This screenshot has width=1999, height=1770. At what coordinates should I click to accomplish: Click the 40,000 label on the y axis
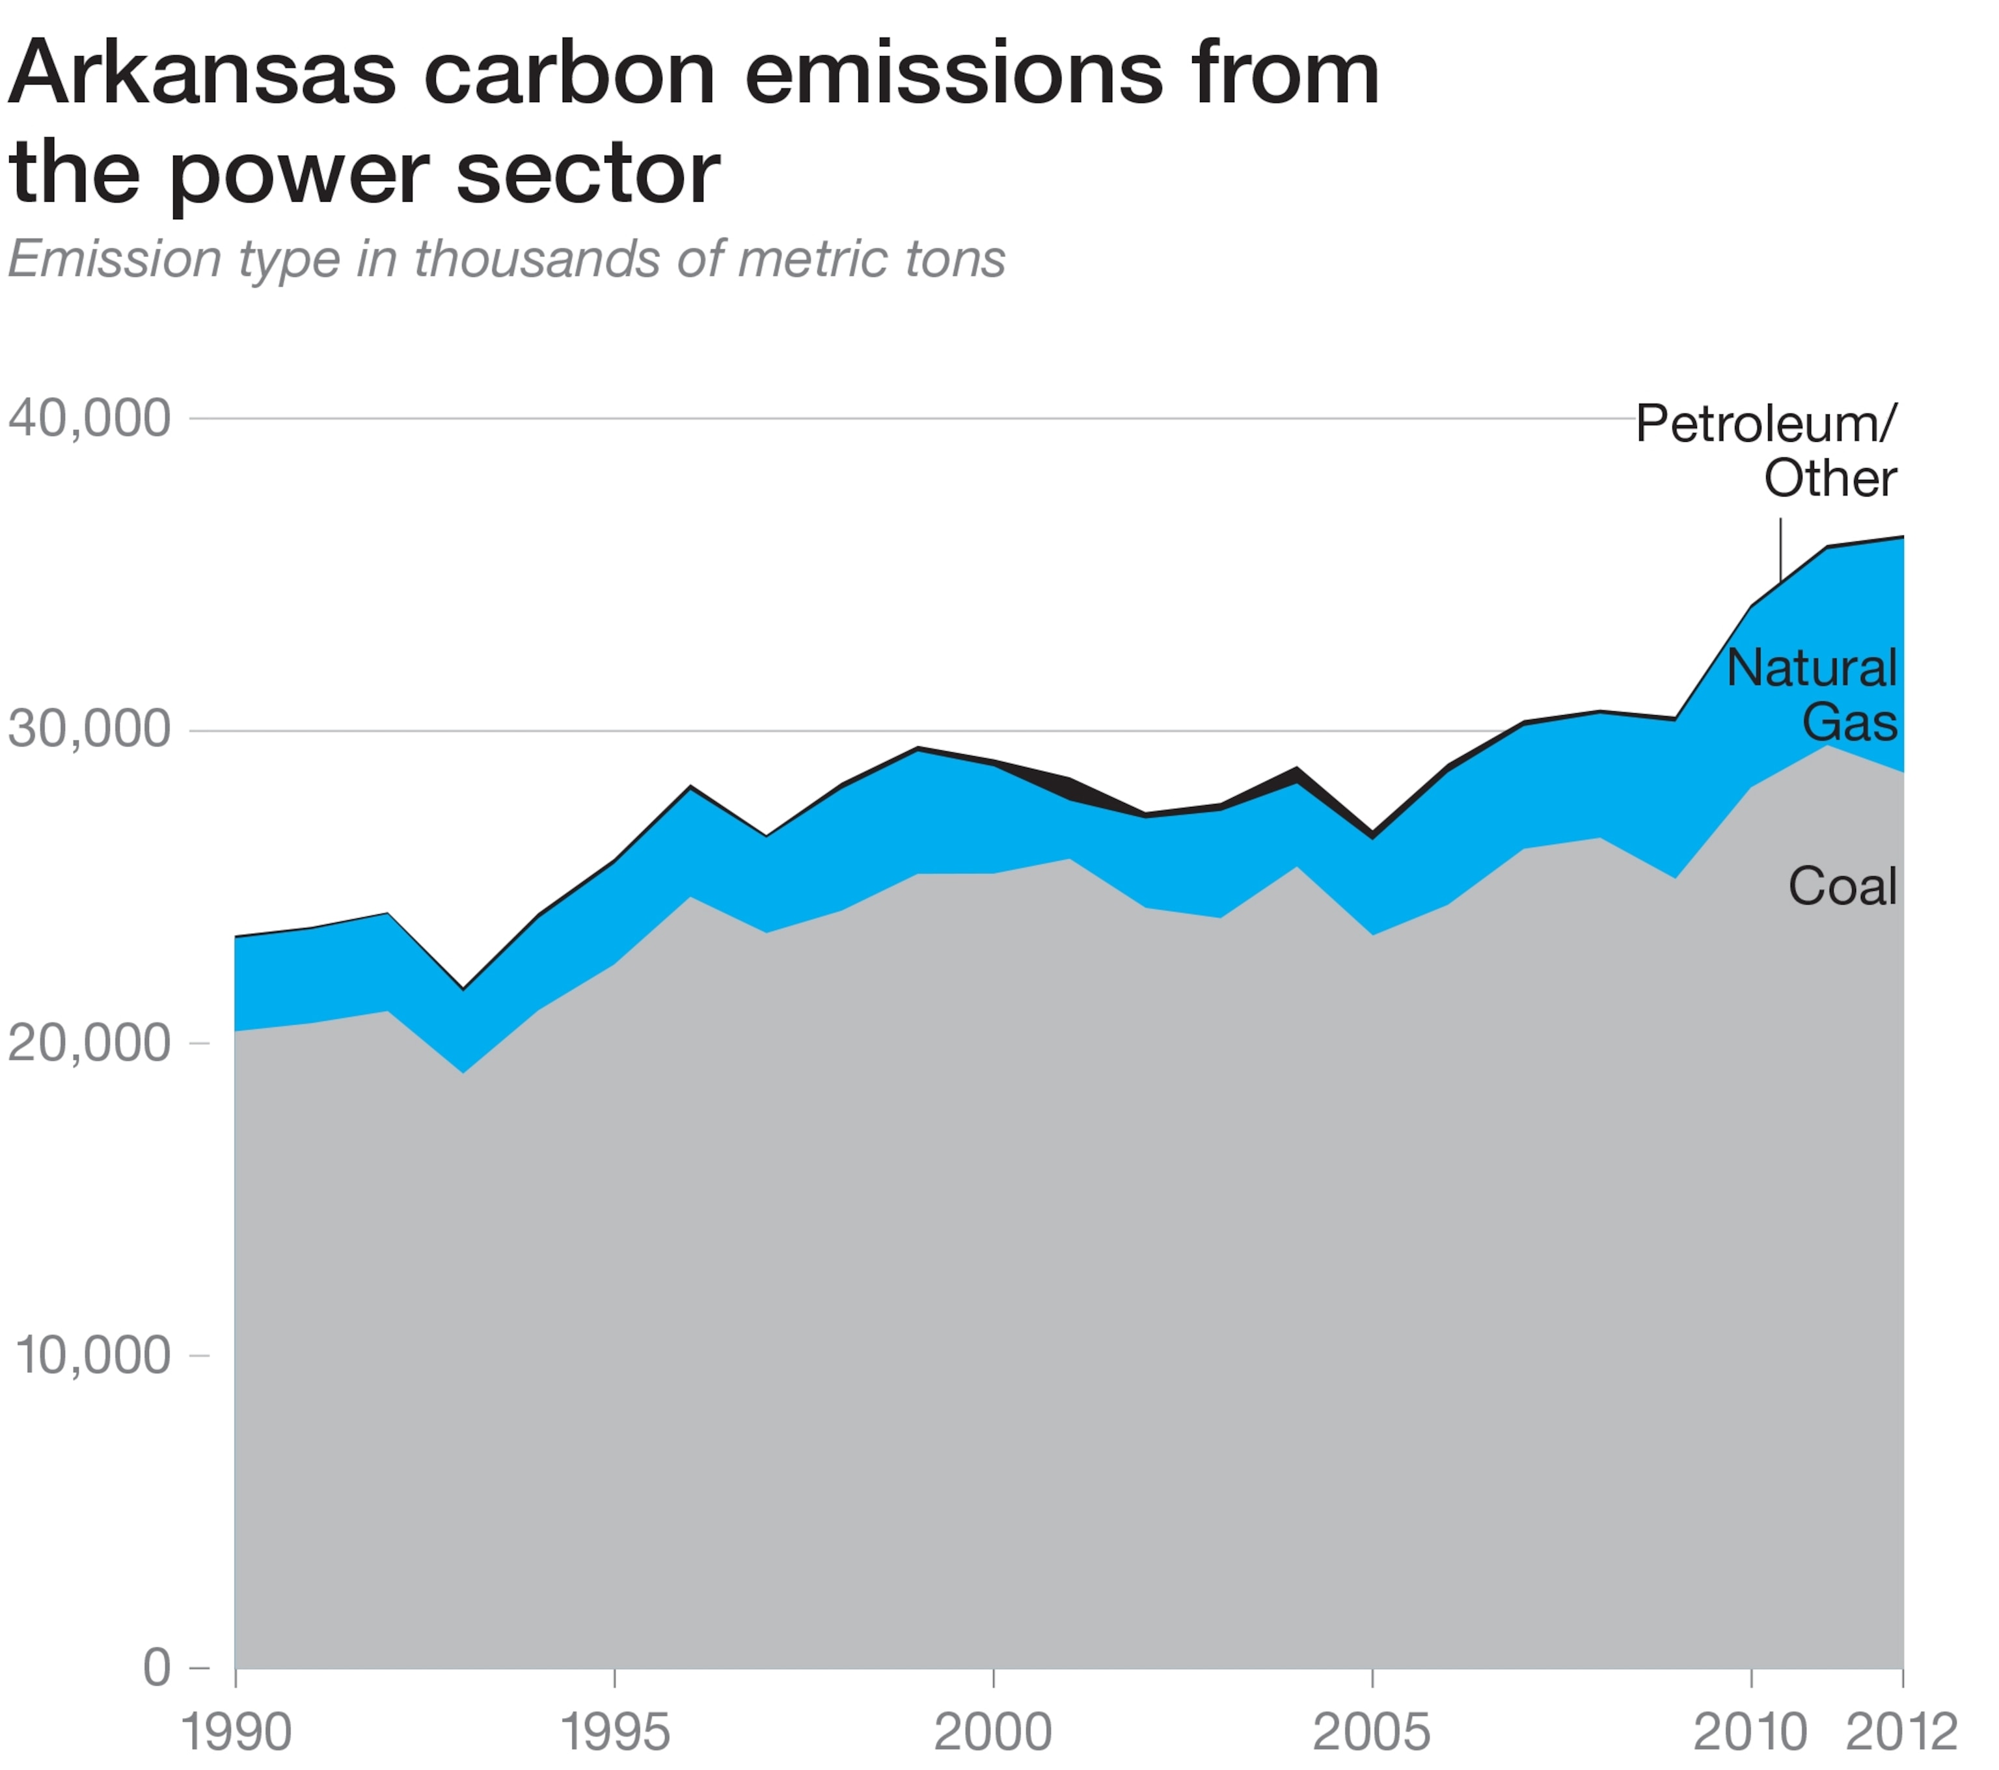pyautogui.click(x=89, y=418)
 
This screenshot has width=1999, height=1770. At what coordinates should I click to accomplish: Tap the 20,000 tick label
pyautogui.click(x=89, y=1043)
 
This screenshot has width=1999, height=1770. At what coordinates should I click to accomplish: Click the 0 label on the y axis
pyautogui.click(x=156, y=1667)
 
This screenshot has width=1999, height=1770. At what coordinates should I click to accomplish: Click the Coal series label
pyautogui.click(x=1843, y=887)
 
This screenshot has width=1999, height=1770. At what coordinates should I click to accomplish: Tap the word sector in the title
pyautogui.click(x=588, y=174)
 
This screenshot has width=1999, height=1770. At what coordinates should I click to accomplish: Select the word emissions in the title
pyautogui.click(x=953, y=74)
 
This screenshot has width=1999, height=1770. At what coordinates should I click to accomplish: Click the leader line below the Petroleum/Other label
pyautogui.click(x=1780, y=550)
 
